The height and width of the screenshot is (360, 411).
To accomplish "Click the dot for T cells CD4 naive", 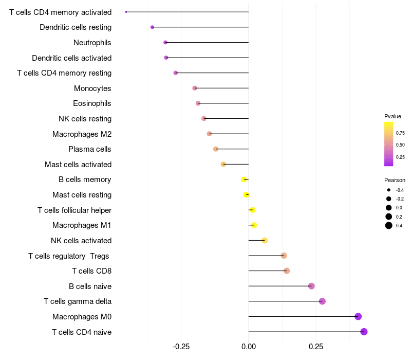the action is tap(364, 332).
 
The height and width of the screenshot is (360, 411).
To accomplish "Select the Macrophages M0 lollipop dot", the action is tap(358, 316).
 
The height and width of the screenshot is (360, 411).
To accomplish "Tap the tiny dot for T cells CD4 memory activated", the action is tap(126, 12).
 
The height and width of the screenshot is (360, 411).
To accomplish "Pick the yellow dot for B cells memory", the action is tap(244, 179).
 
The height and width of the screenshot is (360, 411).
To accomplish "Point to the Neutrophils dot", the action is tap(165, 42).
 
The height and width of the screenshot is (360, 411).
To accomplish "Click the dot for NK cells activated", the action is tap(265, 240).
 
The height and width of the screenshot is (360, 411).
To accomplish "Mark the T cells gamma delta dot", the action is tap(323, 301).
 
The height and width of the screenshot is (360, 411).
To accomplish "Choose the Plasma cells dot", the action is tap(216, 149).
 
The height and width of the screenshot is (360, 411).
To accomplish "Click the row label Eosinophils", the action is tap(92, 103).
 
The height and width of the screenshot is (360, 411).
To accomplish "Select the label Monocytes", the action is tap(92, 88).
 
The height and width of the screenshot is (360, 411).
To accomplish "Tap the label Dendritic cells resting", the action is tap(76, 27).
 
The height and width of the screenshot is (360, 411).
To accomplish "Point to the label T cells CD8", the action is tap(92, 271).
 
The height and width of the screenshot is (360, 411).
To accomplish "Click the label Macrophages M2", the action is tap(82, 134).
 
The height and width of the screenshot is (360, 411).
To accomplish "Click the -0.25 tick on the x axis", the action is tap(181, 347).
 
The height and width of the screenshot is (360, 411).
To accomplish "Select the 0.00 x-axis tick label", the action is tap(249, 347).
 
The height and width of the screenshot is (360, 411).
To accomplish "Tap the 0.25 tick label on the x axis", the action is tap(316, 347).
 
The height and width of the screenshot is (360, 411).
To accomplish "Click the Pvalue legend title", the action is tap(393, 116).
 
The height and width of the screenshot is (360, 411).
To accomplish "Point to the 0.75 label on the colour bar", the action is tap(400, 133).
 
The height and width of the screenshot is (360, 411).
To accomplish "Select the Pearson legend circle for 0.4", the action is tap(389, 225).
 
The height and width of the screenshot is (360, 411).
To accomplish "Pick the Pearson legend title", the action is tap(395, 180).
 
